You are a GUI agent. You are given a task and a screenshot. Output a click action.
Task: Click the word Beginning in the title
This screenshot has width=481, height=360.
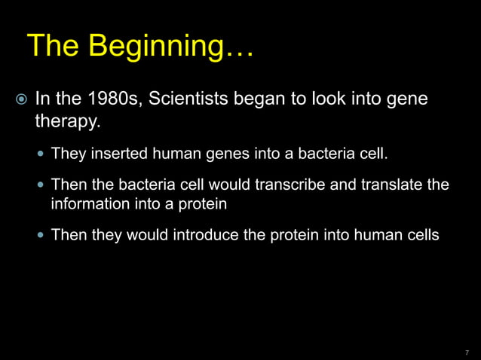click(x=161, y=47)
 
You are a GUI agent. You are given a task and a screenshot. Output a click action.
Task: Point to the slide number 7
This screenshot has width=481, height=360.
click(x=467, y=351)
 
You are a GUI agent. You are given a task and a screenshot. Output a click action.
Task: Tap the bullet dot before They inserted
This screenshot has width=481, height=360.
click(x=40, y=156)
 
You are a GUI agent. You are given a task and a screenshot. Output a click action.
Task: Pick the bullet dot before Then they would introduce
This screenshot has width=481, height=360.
click(x=40, y=236)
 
